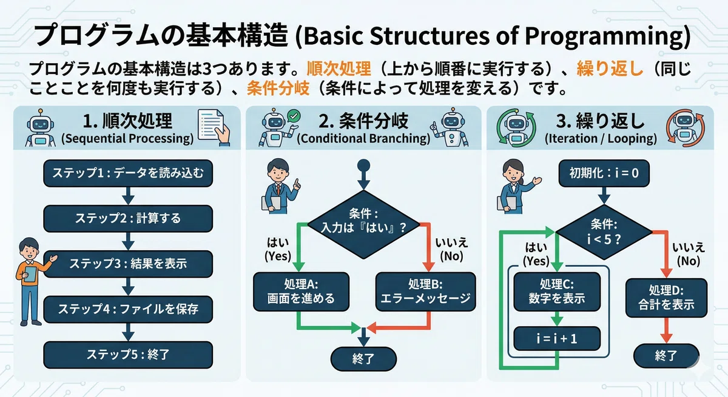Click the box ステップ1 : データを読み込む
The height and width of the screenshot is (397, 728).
[128, 173]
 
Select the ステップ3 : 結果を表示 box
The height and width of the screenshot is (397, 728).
[128, 264]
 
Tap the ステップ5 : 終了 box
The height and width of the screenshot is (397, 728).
[128, 355]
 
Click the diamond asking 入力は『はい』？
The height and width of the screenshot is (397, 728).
[363, 225]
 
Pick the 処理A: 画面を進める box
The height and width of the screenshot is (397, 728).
[302, 292]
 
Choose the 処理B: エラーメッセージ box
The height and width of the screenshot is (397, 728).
[425, 292]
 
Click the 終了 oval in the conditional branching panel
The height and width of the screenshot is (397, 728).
[363, 359]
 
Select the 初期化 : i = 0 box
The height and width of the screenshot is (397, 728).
[604, 173]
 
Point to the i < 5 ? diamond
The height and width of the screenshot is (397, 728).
[604, 232]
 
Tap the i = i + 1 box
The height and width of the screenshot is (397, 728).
[557, 339]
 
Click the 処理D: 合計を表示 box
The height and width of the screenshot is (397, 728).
[666, 298]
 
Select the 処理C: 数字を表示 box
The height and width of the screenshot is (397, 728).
[557, 292]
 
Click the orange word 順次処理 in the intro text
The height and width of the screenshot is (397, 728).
[339, 68]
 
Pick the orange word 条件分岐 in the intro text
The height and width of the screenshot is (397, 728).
[278, 88]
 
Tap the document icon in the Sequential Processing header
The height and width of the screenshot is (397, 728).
[214, 127]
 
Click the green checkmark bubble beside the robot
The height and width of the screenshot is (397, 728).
[294, 116]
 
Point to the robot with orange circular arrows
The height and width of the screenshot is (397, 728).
[685, 127]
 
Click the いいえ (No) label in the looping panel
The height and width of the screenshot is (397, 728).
[688, 254]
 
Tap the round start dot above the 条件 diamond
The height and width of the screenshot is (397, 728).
[363, 165]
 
